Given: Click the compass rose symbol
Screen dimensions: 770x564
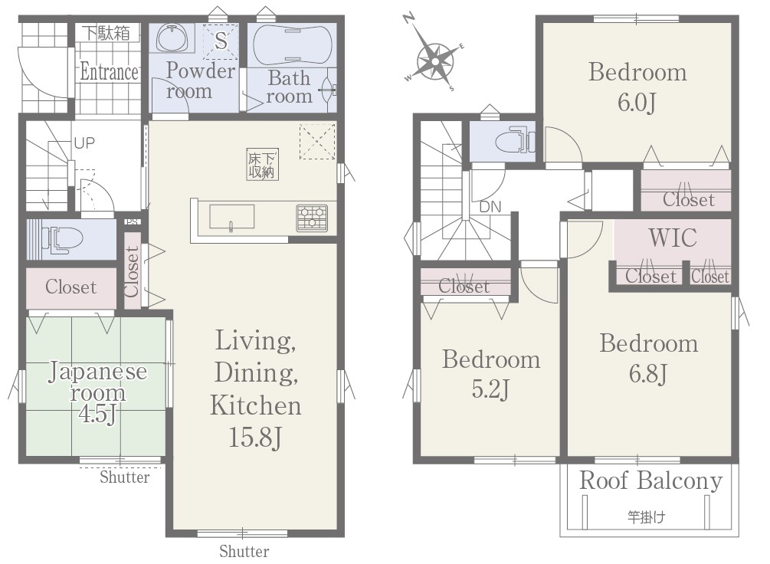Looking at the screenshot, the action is click(x=434, y=61).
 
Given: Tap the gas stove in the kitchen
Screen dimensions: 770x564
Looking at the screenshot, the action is click(x=312, y=218).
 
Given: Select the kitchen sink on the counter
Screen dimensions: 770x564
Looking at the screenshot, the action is click(x=232, y=217).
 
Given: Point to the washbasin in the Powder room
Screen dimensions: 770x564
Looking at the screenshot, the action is click(x=172, y=38).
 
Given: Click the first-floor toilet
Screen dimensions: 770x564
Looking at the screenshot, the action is click(x=62, y=239).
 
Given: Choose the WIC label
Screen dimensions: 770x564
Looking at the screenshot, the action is click(x=672, y=238).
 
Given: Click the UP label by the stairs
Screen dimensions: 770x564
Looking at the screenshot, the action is click(x=84, y=143).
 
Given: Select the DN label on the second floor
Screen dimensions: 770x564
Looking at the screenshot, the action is click(x=490, y=207).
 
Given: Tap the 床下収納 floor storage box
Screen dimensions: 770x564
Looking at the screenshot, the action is click(x=262, y=164).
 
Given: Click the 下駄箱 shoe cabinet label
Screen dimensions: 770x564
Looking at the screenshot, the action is click(x=106, y=33).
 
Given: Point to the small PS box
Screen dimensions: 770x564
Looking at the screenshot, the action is click(x=132, y=221).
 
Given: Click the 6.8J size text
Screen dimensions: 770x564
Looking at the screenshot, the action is click(x=648, y=374).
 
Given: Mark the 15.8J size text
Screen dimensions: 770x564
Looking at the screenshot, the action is click(x=255, y=437).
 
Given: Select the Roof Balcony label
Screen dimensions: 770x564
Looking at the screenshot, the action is click(x=650, y=481).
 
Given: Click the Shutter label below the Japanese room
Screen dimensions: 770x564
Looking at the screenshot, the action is click(x=125, y=477).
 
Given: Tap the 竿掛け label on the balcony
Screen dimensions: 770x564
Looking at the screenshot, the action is click(x=646, y=516).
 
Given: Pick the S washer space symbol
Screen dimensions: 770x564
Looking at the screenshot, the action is click(x=221, y=40).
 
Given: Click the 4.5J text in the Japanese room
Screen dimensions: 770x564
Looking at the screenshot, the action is click(x=98, y=414).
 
